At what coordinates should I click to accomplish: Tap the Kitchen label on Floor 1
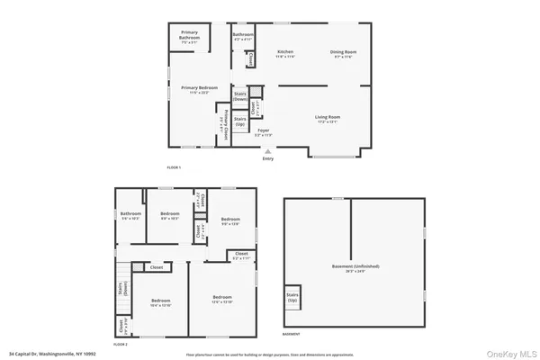(285, 54)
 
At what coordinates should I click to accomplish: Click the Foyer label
(264, 132)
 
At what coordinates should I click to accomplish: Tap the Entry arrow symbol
(266, 152)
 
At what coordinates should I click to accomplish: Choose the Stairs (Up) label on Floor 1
(240, 120)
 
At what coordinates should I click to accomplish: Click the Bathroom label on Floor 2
(130, 215)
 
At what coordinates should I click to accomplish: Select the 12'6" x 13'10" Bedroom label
(222, 300)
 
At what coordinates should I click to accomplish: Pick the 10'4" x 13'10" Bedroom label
(160, 301)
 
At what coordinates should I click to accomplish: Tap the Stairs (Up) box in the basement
(292, 296)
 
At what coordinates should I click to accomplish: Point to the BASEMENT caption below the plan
(292, 334)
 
